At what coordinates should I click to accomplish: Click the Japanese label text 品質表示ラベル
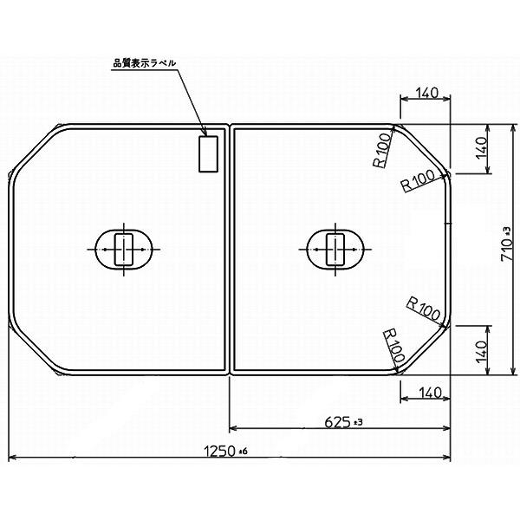click(x=146, y=63)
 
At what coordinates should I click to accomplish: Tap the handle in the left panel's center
click(x=125, y=250)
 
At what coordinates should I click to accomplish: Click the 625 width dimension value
click(x=338, y=421)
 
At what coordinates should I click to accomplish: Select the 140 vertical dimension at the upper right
click(x=482, y=148)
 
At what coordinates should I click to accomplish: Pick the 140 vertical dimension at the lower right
click(x=482, y=350)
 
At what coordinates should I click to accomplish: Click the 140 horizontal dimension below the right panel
click(x=426, y=393)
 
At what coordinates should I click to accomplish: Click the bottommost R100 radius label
click(x=392, y=345)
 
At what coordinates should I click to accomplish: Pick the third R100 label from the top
click(x=424, y=305)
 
